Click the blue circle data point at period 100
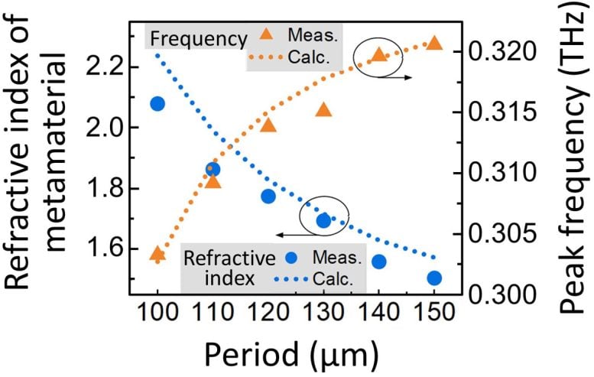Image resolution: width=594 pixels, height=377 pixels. (157, 103)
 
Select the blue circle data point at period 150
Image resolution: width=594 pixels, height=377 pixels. (434, 278)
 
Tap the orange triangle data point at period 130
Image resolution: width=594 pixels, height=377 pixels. (323, 111)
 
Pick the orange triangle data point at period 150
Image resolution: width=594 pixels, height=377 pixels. (433, 44)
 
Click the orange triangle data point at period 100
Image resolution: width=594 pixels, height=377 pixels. (157, 254)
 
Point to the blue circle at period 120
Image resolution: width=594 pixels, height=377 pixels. (268, 197)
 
